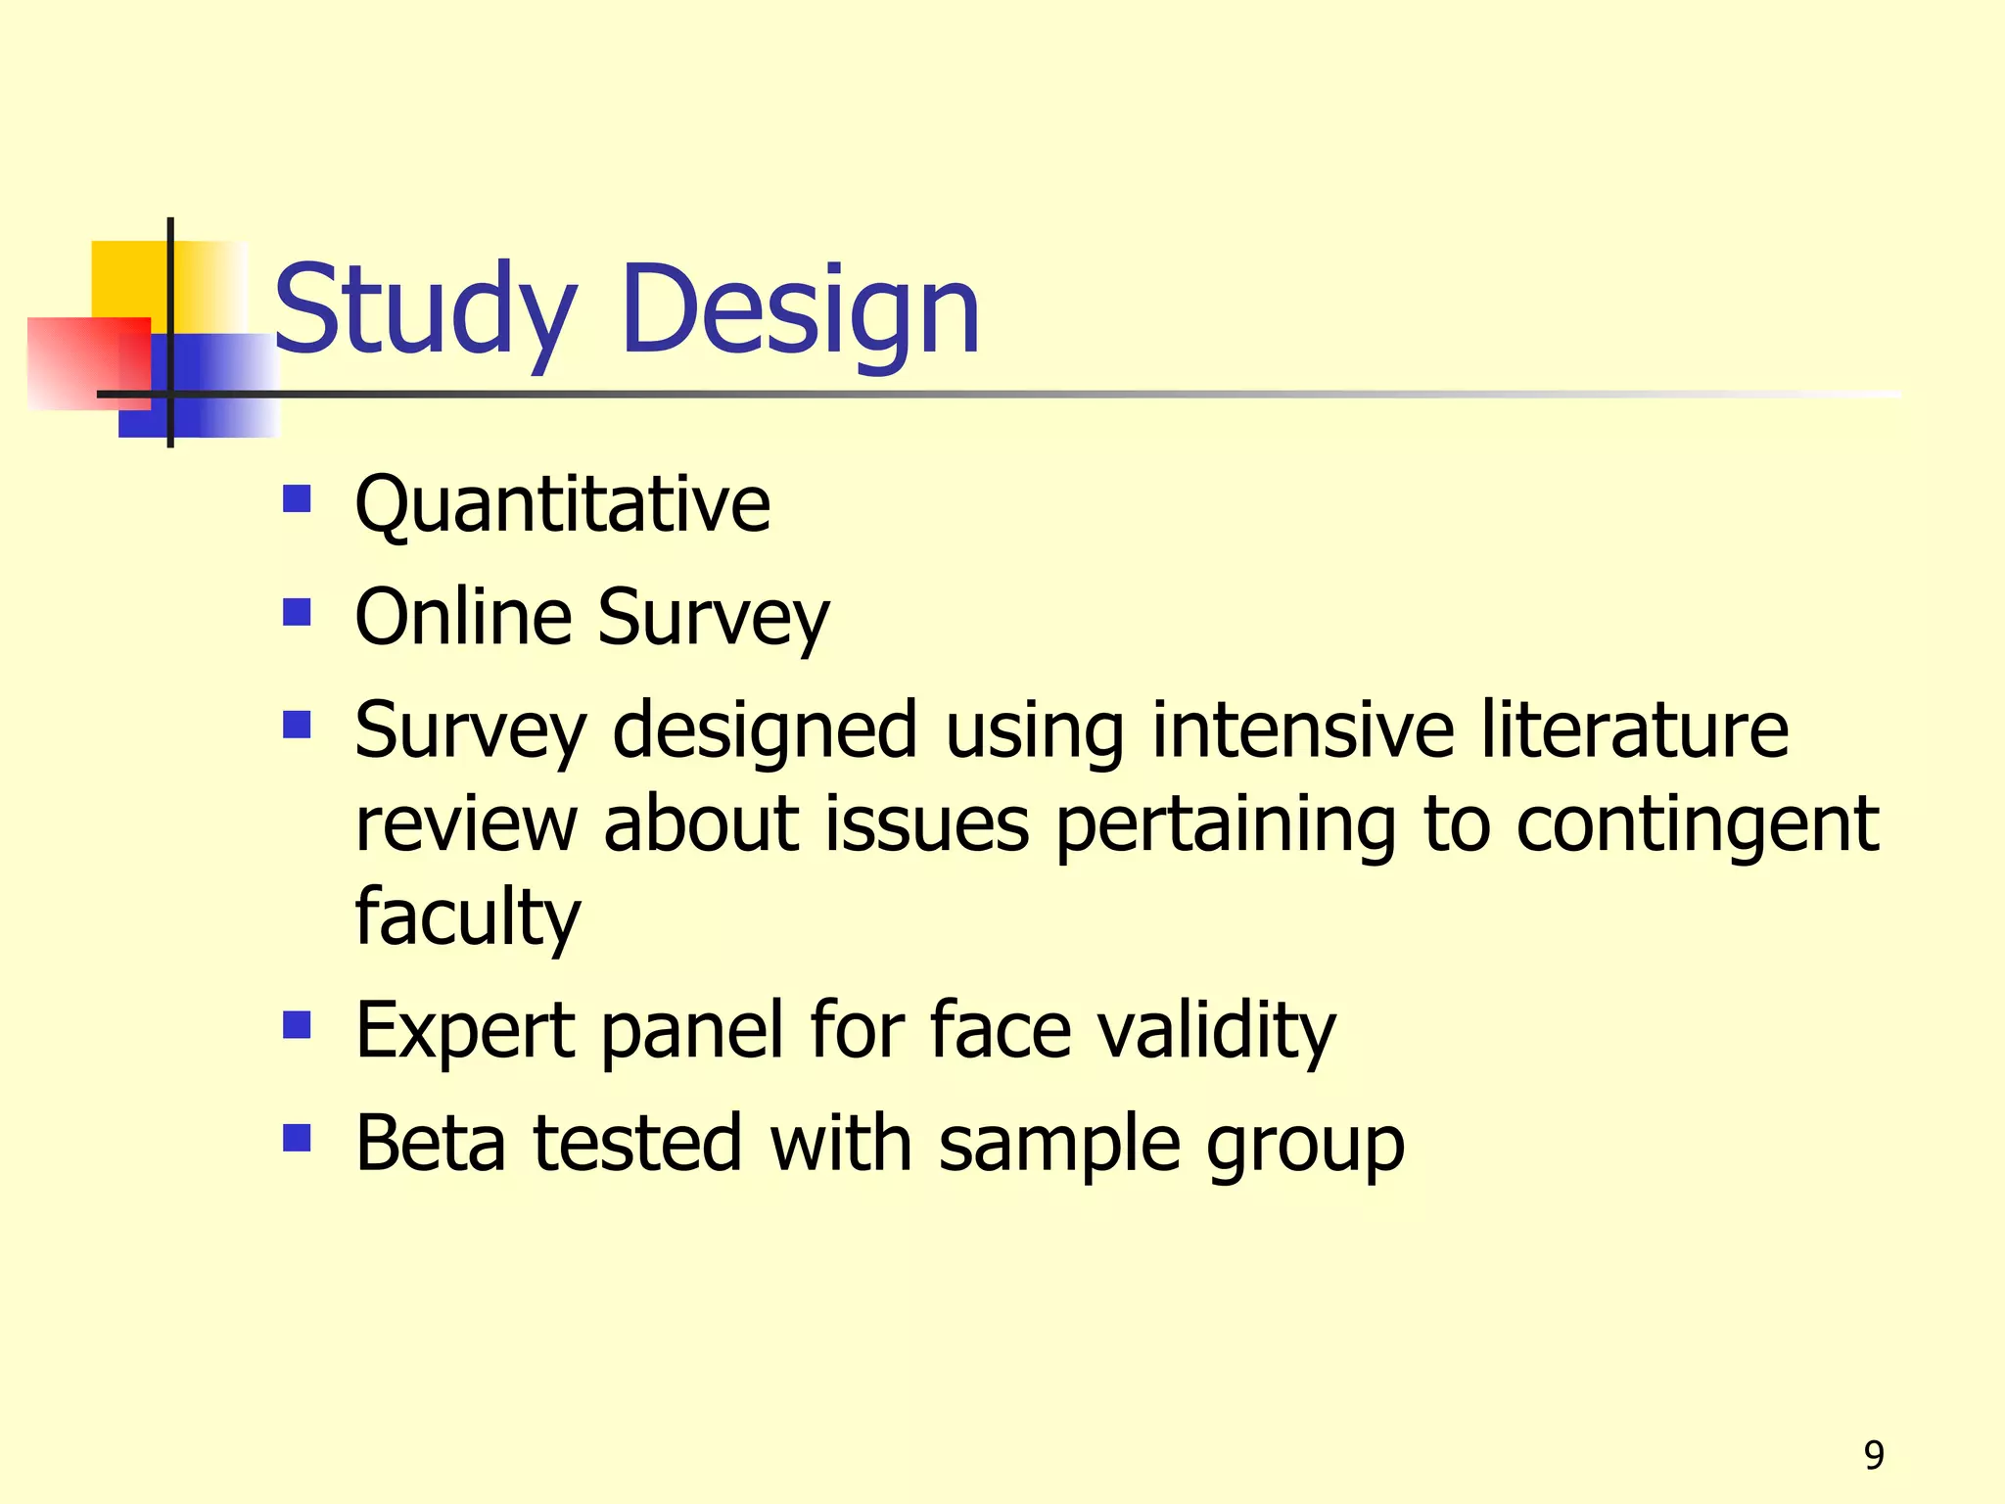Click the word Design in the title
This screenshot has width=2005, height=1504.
800,309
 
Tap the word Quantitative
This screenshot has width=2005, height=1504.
562,504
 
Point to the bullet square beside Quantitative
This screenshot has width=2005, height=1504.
297,499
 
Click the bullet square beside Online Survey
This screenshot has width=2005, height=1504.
297,613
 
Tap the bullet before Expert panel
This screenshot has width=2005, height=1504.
297,1025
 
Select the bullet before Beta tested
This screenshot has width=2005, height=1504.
297,1138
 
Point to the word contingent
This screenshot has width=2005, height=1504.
1698,824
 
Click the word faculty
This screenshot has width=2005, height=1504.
468,917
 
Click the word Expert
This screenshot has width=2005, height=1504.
465,1030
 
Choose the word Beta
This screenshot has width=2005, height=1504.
431,1143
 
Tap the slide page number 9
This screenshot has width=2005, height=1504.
1874,1455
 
